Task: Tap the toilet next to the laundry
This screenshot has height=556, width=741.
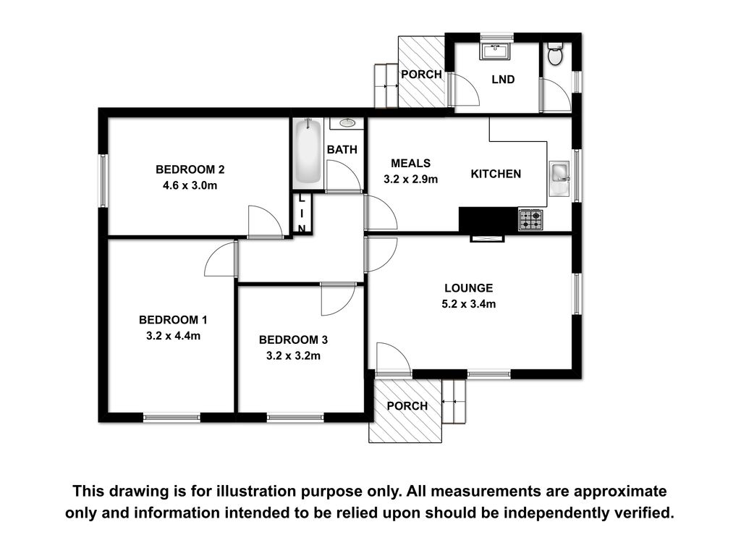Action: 554,54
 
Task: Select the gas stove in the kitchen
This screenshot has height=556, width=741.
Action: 530,219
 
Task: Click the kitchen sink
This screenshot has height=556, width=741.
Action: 560,178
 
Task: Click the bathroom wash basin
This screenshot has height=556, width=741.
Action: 348,123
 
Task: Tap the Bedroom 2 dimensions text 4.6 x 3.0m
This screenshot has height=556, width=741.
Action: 190,185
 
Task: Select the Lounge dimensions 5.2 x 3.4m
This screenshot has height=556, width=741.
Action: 469,304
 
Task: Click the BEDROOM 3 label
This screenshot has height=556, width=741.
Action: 293,340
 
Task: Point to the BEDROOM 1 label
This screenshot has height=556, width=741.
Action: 173,319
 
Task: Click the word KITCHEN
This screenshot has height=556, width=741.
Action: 496,174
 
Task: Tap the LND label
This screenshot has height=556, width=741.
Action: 503,80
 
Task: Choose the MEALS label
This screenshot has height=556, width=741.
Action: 411,163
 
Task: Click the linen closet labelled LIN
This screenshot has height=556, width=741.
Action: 302,214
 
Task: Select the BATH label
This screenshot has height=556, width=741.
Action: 342,149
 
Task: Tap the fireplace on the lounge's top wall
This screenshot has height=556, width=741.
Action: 487,238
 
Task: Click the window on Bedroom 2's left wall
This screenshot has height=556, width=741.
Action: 103,180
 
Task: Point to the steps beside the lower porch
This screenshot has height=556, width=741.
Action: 454,401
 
